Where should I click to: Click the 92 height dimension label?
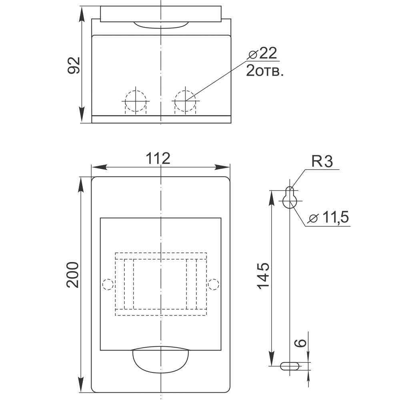click(74, 65)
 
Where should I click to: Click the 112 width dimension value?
click(158, 158)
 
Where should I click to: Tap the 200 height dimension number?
click(73, 275)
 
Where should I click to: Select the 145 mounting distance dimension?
click(263, 276)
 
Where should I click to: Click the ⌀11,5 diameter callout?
click(329, 218)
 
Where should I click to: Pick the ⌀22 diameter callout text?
click(262, 53)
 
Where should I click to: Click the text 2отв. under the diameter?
click(265, 71)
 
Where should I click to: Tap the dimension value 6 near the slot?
click(302, 343)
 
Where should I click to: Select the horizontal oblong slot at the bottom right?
click(290, 366)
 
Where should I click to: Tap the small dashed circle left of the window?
click(108, 284)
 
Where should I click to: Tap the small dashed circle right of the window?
click(214, 284)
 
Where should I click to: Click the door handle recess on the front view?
click(160, 359)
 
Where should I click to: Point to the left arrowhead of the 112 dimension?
click(96, 167)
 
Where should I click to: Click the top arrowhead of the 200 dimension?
click(82, 182)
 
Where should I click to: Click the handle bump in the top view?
click(160, 25)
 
